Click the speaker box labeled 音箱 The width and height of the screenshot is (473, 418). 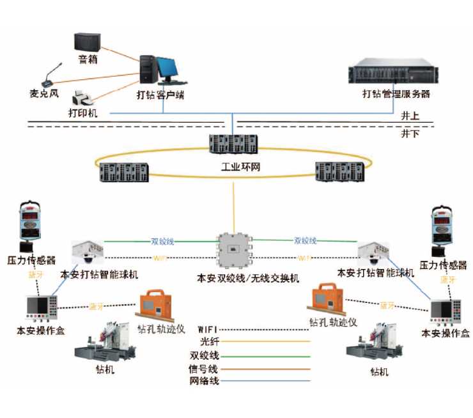click(86, 43)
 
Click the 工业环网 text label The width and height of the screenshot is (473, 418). click(236, 168)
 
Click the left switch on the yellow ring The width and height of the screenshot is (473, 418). click(124, 172)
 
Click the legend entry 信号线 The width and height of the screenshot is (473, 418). click(204, 369)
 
